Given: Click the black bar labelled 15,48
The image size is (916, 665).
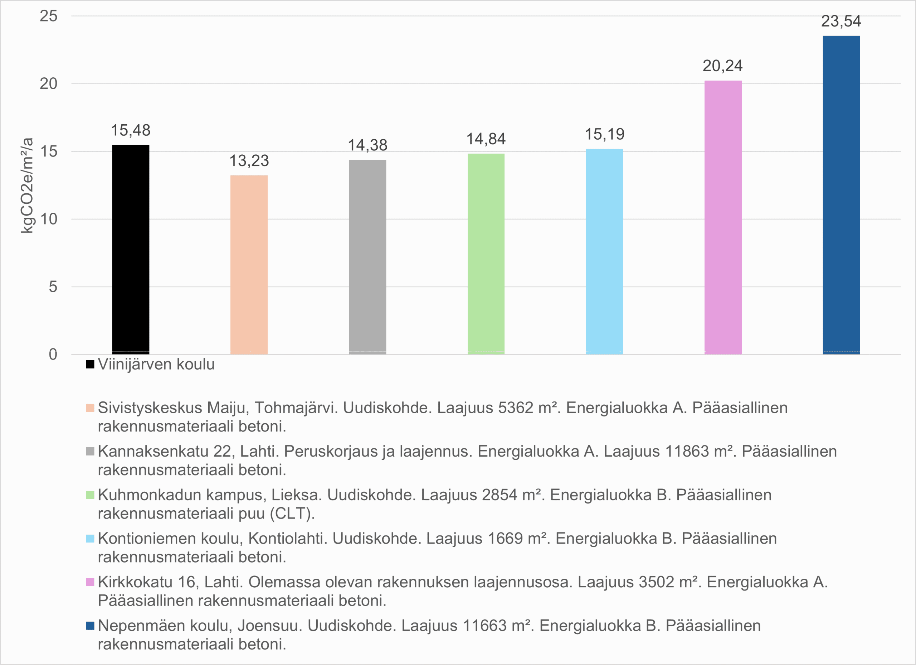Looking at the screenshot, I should [x=131, y=249].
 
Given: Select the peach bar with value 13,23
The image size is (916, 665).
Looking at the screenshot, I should [x=249, y=264].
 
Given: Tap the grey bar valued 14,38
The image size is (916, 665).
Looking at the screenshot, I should [x=367, y=257].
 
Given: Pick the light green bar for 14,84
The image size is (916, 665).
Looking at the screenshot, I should [x=486, y=254].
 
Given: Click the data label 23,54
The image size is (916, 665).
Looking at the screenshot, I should [x=841, y=21].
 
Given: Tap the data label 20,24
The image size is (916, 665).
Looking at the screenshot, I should [x=722, y=66].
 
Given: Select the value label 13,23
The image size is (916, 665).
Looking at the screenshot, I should [x=249, y=161].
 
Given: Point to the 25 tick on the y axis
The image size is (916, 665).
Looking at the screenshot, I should [x=48, y=16].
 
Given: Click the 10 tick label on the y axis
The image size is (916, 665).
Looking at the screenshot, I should [x=48, y=219].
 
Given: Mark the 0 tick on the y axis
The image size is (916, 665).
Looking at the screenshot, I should [x=53, y=355].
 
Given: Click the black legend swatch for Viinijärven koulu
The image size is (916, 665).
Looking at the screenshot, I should [x=90, y=364].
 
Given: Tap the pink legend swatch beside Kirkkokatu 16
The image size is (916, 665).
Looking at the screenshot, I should [x=90, y=582].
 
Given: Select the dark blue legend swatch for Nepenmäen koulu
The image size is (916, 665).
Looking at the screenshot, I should [x=90, y=625].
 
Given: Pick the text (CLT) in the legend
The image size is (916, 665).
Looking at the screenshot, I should [x=292, y=514].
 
